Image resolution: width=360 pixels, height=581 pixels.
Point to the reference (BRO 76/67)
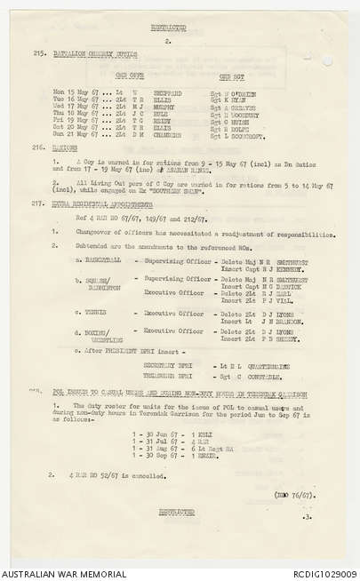(x=295, y=493)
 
